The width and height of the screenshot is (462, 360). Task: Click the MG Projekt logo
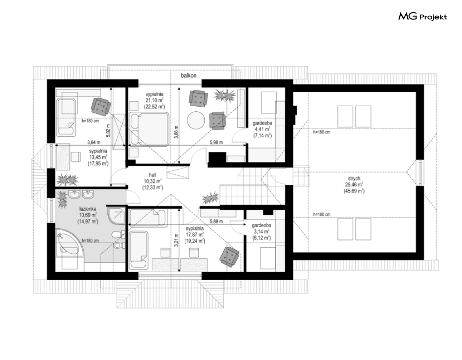[423, 16]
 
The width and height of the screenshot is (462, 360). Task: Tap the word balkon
[189, 76]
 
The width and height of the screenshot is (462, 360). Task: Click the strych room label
[354, 179]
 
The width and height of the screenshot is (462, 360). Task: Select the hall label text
[153, 175]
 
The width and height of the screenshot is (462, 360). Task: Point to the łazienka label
[88, 209]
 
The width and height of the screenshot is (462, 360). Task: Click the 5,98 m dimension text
[216, 142]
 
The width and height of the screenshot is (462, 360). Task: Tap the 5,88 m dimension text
[216, 221]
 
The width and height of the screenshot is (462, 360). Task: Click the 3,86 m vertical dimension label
[176, 134]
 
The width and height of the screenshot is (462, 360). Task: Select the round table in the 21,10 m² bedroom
[196, 120]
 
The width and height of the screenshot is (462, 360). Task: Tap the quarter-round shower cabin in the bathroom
[117, 216]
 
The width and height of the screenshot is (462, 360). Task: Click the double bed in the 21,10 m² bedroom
[149, 129]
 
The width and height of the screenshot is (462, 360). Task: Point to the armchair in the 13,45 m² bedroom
[101, 106]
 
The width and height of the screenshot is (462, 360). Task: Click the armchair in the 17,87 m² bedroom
[229, 257]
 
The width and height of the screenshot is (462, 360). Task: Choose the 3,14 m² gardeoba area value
[261, 231]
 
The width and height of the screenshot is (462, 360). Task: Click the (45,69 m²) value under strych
[354, 191]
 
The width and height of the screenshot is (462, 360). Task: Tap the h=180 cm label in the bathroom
[90, 240]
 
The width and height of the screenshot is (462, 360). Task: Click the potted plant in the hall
[210, 198]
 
